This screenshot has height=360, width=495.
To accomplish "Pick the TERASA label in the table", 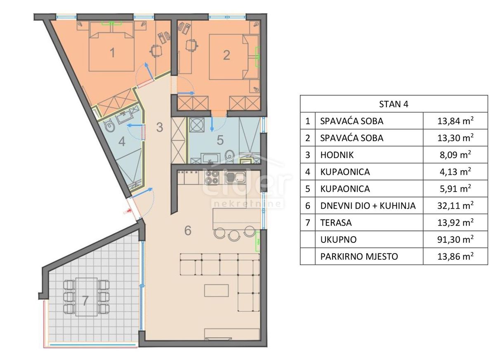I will (x=335, y=223).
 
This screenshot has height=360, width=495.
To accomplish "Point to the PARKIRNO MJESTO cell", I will (x=359, y=256).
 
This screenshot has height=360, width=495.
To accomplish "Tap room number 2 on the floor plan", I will (x=226, y=55).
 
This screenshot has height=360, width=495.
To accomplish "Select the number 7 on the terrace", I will (x=85, y=301).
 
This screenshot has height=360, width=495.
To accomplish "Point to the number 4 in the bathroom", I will (x=121, y=141).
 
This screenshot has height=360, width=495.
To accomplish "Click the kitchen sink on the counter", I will (x=236, y=178).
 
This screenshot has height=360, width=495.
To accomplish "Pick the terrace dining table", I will (x=87, y=297).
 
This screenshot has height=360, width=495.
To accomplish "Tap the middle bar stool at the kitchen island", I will (x=233, y=235).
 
